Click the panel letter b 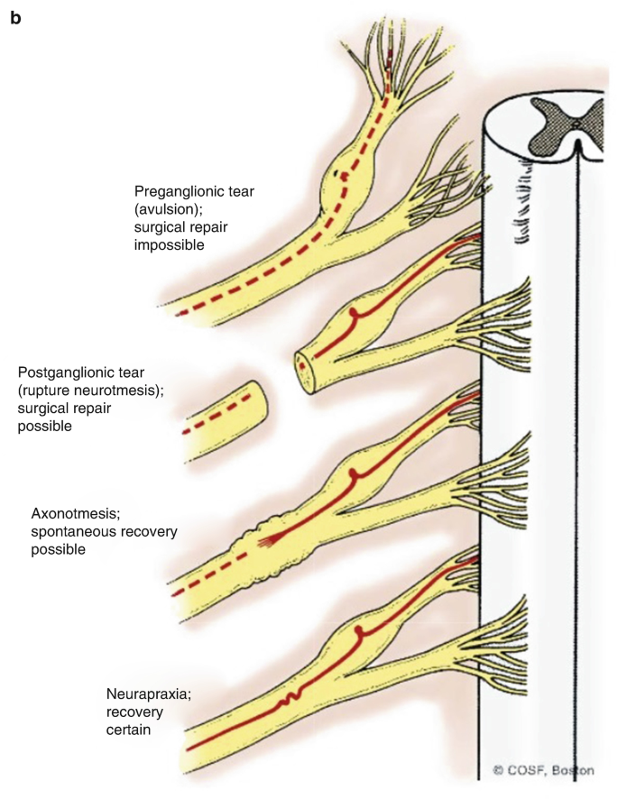pos(15,17)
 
